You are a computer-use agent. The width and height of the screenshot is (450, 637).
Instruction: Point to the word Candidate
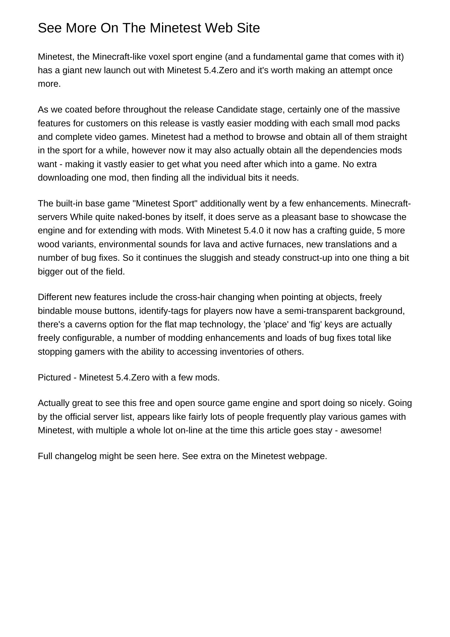coord(237,110)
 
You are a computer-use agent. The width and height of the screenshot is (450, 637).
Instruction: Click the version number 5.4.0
coord(254,230)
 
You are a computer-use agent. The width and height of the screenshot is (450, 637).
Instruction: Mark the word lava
coord(212,244)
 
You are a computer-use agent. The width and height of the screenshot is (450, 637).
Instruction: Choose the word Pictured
coord(54,377)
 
